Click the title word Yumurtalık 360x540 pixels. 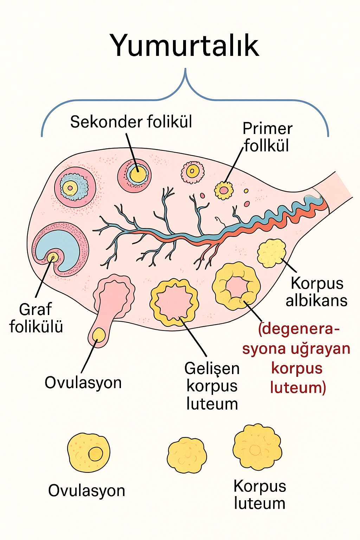(x=185, y=46)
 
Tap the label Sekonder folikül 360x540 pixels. (x=131, y=122)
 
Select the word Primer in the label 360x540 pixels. (x=268, y=129)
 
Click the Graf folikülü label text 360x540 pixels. (x=36, y=318)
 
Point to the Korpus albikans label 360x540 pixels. (x=317, y=292)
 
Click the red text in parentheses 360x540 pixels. (x=297, y=358)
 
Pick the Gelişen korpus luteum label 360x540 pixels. (x=212, y=386)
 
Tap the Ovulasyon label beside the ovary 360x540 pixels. (x=83, y=382)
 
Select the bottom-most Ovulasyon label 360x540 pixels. (x=86, y=490)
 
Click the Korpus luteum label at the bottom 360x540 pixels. (x=259, y=495)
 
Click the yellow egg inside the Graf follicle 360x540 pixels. (x=53, y=257)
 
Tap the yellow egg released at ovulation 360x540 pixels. (x=99, y=335)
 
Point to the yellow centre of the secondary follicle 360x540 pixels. (x=138, y=174)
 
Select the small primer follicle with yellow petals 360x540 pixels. (x=224, y=190)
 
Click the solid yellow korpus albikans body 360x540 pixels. (x=271, y=253)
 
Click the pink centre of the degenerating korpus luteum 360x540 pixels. (x=236, y=287)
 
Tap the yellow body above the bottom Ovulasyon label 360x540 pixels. (x=89, y=452)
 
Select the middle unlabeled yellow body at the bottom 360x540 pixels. (x=187, y=455)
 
